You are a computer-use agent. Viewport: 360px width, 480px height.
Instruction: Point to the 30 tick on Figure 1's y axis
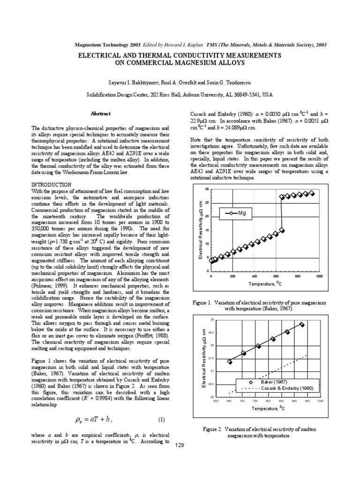207,189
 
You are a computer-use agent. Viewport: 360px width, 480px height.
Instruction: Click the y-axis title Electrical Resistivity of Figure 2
204,358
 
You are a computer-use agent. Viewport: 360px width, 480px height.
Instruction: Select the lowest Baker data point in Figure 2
229,361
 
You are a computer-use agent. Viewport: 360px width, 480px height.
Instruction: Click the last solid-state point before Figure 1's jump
281,230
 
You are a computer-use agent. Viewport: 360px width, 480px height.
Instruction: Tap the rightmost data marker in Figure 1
312,193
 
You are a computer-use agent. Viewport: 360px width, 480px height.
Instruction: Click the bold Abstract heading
100,113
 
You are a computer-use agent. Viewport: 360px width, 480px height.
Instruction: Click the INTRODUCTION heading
51,185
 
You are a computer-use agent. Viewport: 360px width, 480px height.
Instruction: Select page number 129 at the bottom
180,445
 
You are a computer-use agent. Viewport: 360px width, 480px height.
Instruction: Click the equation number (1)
161,419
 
